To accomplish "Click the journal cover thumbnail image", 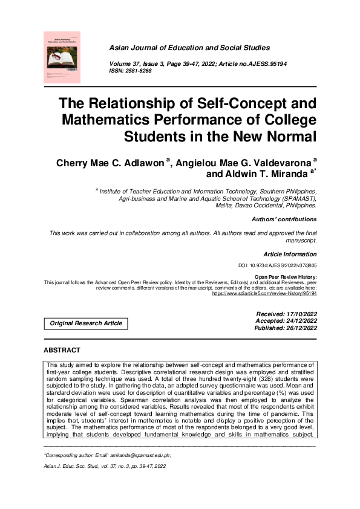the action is [x=62, y=57].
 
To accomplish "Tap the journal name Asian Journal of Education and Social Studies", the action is [x=189, y=47].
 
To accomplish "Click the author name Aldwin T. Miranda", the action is [x=267, y=174].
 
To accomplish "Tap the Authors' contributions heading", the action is [x=286, y=219].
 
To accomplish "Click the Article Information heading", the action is [x=290, y=254].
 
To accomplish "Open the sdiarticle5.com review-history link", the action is [x=265, y=293].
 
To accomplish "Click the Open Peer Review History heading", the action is [x=286, y=277].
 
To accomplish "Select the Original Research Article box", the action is [x=86, y=323].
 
